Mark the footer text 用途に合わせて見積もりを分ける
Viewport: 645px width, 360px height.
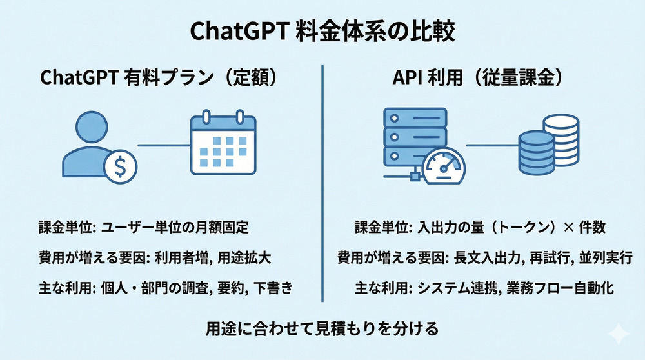(322, 328)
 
